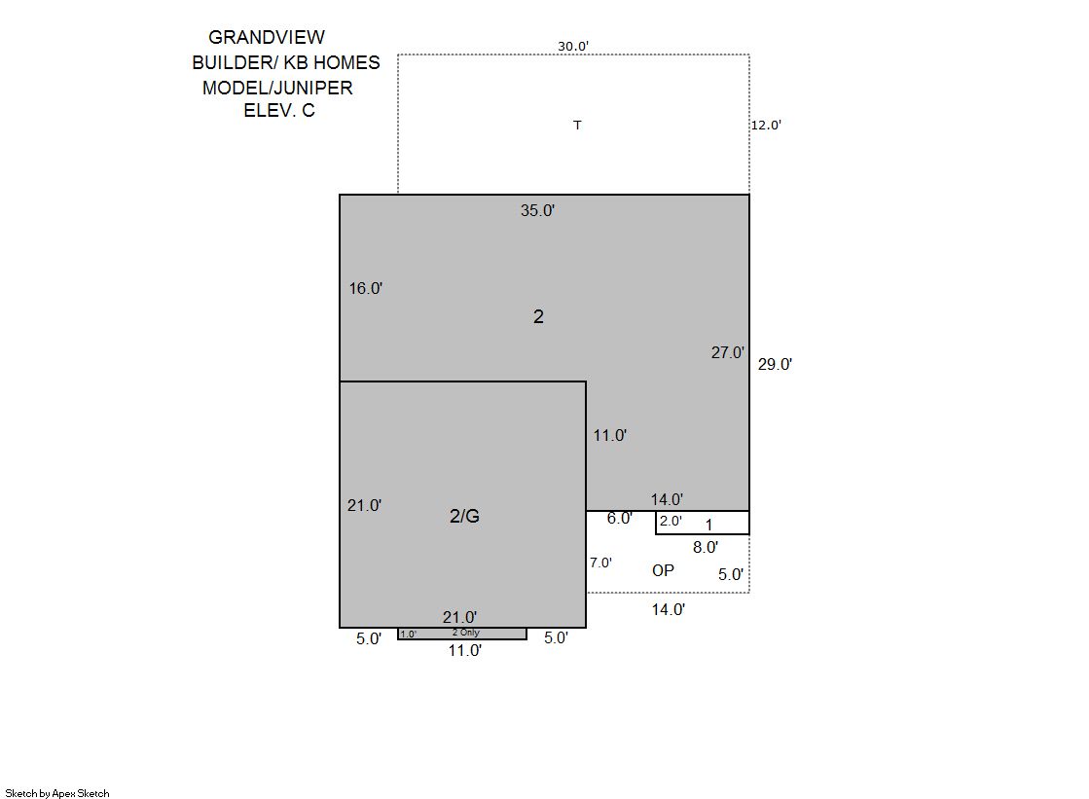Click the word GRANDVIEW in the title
267,38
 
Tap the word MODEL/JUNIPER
277,88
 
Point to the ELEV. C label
279,111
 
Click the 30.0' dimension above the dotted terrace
573,47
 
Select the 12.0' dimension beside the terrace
766,126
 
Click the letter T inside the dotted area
577,126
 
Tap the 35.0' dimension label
537,210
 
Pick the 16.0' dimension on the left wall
365,288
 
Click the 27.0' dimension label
728,353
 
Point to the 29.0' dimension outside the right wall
775,365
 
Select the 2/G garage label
464,516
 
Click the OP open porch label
664,570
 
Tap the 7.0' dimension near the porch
600,563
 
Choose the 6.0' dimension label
620,519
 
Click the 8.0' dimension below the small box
706,548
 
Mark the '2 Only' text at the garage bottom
466,633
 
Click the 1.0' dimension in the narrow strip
409,635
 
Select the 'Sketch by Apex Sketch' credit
57,793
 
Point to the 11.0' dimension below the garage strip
464,651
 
